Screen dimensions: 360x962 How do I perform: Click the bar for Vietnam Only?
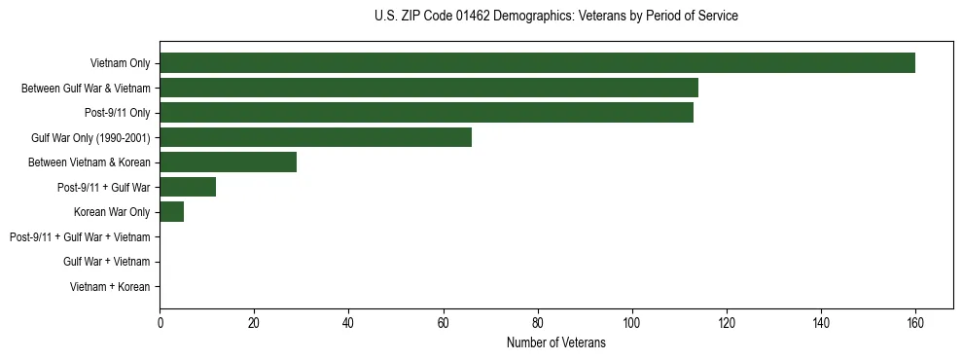pyautogui.click(x=537, y=63)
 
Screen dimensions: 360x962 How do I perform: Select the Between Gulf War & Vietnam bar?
pyautogui.click(x=429, y=89)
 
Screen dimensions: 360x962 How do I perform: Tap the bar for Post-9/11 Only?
pyautogui.click(x=426, y=113)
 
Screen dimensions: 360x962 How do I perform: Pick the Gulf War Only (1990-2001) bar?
pyautogui.click(x=315, y=137)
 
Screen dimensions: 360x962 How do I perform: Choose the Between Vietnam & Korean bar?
pyautogui.click(x=228, y=162)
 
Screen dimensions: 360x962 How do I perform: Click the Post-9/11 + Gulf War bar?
pyautogui.click(x=188, y=187)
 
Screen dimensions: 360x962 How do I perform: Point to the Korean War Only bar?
pyautogui.click(x=171, y=212)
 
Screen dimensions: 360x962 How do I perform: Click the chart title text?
pyautogui.click(x=555, y=17)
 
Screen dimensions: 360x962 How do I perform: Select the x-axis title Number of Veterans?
pyautogui.click(x=555, y=343)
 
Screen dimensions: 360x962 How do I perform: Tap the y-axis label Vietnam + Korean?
pyautogui.click(x=110, y=287)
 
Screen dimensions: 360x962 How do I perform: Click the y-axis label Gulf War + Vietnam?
pyautogui.click(x=106, y=262)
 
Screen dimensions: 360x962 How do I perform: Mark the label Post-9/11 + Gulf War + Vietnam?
pyautogui.click(x=80, y=237)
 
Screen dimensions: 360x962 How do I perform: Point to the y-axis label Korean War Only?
pyautogui.click(x=112, y=212)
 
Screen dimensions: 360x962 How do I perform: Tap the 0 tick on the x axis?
pyautogui.click(x=160, y=322)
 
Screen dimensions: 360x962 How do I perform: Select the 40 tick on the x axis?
pyautogui.click(x=348, y=322)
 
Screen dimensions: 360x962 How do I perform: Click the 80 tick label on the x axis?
pyautogui.click(x=537, y=322)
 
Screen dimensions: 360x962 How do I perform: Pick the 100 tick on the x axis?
pyautogui.click(x=631, y=322)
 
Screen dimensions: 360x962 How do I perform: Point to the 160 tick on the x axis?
pyautogui.click(x=914, y=322)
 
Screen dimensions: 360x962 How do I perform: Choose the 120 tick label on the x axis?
pyautogui.click(x=726, y=322)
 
